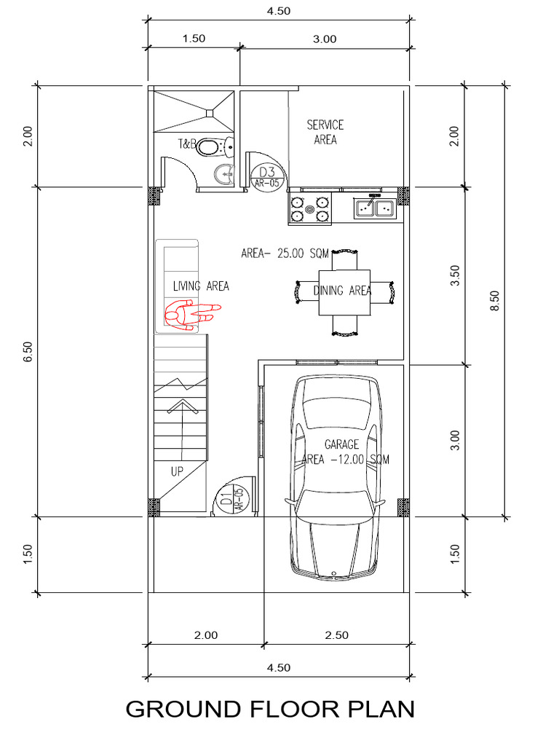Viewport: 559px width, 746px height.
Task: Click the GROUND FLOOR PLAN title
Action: coord(270,709)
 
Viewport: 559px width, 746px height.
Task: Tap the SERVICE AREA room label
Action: coord(325,133)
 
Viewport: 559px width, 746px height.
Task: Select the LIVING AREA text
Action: coord(201,286)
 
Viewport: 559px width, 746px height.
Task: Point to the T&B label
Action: coord(188,145)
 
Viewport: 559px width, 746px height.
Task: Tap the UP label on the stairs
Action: coord(177,471)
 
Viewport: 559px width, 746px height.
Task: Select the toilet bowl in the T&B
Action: coord(213,148)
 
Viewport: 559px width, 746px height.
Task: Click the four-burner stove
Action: coord(311,208)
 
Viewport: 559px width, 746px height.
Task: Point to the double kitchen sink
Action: coord(374,208)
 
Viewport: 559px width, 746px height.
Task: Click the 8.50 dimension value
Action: coord(495,302)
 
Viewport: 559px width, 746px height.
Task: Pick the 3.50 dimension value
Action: coord(456,275)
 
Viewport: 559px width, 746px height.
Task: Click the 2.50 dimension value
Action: coord(337,635)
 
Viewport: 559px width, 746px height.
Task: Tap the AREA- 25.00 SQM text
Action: coord(286,254)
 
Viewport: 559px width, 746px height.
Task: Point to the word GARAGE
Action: coord(341,444)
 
